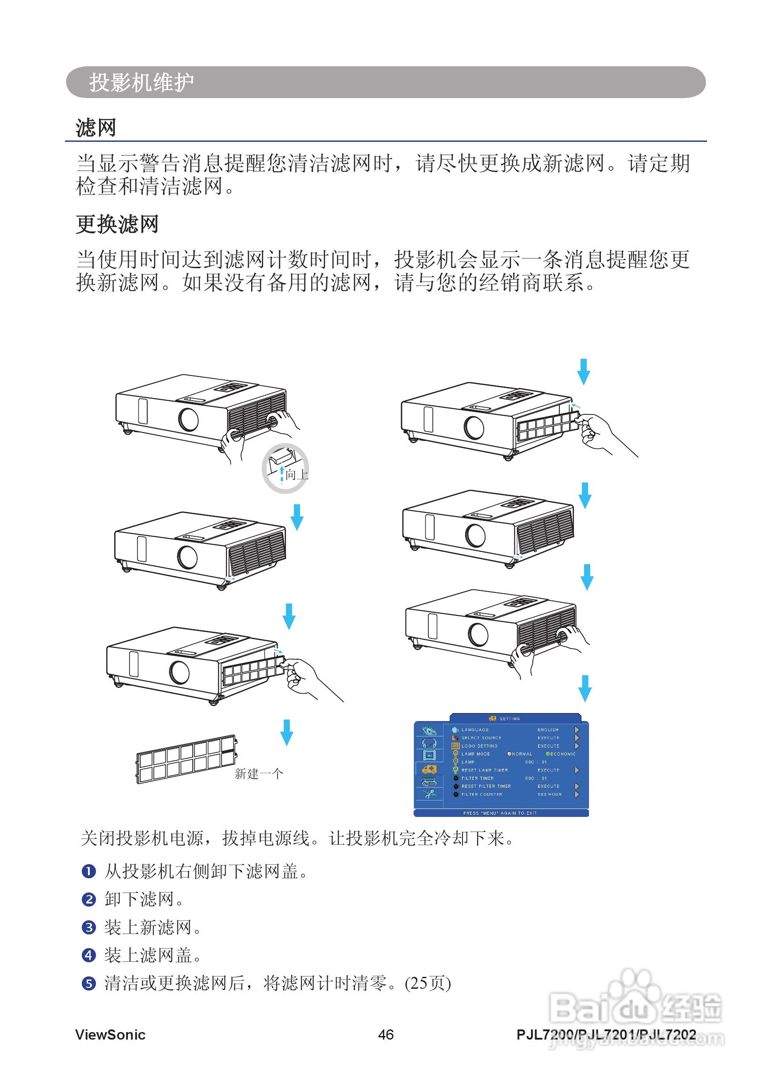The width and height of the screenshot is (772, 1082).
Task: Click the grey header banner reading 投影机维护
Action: point(385,82)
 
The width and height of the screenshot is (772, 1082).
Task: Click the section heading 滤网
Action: point(96,128)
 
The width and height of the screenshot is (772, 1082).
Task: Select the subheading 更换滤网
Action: point(117,224)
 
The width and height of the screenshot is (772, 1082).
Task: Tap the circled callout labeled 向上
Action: point(285,469)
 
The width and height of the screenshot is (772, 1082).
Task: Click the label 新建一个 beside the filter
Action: point(259,774)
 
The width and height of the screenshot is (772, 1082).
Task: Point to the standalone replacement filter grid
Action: point(186,759)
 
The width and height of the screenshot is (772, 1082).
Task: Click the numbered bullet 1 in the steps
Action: point(89,872)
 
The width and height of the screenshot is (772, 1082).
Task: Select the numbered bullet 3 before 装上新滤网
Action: point(89,928)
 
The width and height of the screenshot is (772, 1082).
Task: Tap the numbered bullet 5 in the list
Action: point(89,983)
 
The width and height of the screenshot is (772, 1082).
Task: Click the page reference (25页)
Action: point(428,983)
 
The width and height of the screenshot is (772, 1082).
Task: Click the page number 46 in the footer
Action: point(386,1034)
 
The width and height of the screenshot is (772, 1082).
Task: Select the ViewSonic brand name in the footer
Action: point(110,1034)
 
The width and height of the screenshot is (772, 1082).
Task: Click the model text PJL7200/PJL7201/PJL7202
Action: point(606,1034)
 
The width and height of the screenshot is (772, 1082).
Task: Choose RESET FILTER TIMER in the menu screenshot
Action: point(486,786)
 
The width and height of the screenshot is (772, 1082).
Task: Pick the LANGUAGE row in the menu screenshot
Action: point(475,729)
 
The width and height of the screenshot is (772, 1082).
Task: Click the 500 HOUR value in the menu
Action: point(550,794)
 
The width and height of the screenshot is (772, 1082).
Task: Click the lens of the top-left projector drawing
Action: point(188,419)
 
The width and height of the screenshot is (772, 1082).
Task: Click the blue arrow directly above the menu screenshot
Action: point(585,688)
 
